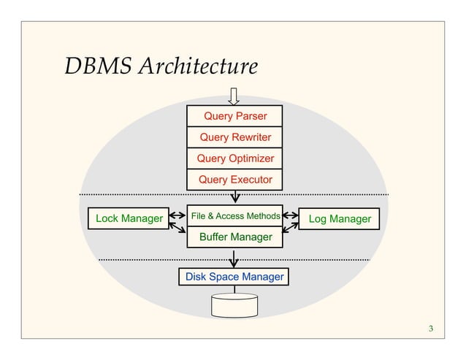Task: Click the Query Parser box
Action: [x=234, y=116]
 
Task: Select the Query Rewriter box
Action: [x=234, y=137]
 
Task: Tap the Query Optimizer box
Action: [x=234, y=158]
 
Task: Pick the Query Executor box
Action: [x=234, y=180]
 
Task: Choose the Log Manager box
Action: [x=340, y=218]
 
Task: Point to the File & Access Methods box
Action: [x=234, y=216]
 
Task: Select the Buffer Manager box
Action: [x=234, y=237]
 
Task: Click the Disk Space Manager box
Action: [x=234, y=277]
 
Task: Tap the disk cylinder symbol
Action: [x=234, y=306]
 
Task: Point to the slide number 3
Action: [x=431, y=329]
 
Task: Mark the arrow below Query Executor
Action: [x=234, y=197]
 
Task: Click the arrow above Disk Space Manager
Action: [x=234, y=259]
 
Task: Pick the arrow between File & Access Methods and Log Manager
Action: [x=291, y=216]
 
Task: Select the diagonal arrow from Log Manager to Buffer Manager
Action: [x=291, y=229]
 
